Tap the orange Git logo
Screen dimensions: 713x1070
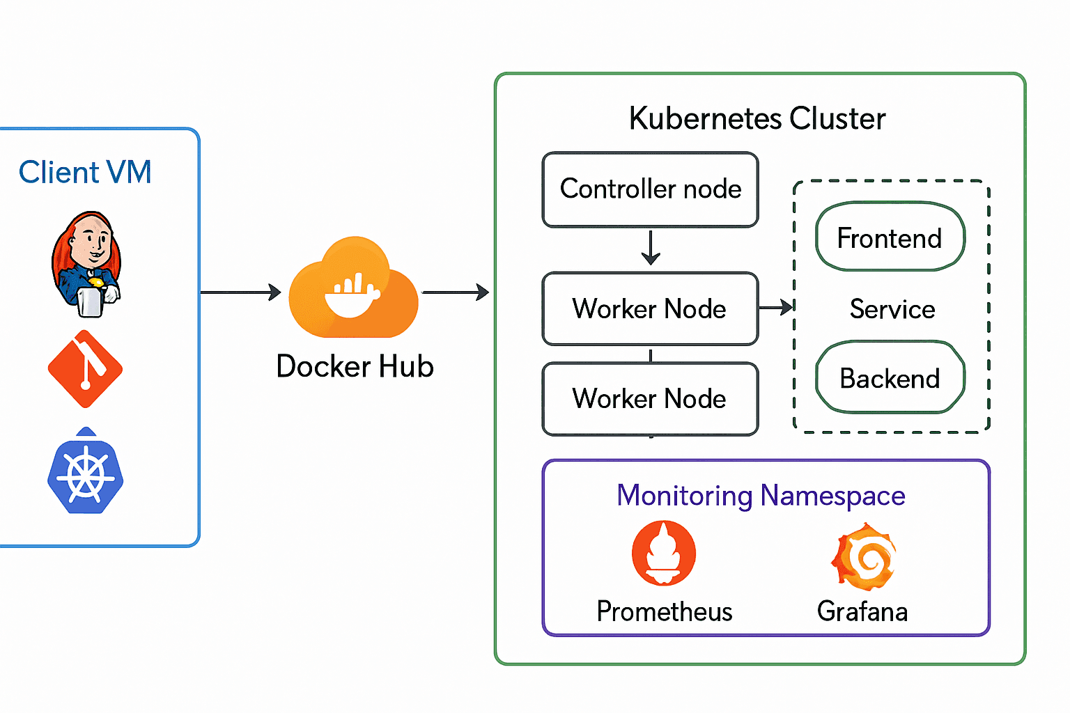(x=85, y=369)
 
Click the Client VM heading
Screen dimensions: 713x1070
(x=85, y=172)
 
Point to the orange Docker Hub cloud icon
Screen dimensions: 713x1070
(x=354, y=289)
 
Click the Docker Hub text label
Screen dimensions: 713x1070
(x=355, y=366)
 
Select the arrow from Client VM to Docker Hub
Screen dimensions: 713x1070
(x=240, y=292)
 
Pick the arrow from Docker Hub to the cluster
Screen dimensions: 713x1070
(x=456, y=292)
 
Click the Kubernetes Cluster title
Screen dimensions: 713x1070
(x=757, y=118)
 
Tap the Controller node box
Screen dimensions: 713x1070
(x=650, y=189)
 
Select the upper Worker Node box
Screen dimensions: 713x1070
(x=650, y=308)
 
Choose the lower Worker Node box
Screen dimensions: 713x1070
(x=650, y=398)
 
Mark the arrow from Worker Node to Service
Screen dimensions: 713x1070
(x=776, y=307)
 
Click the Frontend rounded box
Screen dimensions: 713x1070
(x=890, y=237)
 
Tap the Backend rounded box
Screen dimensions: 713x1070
(x=890, y=377)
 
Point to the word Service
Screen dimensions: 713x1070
(x=892, y=308)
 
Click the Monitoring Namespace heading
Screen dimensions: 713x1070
(x=761, y=496)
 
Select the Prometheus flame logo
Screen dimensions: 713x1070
(x=663, y=553)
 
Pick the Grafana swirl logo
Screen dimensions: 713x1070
(x=863, y=557)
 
